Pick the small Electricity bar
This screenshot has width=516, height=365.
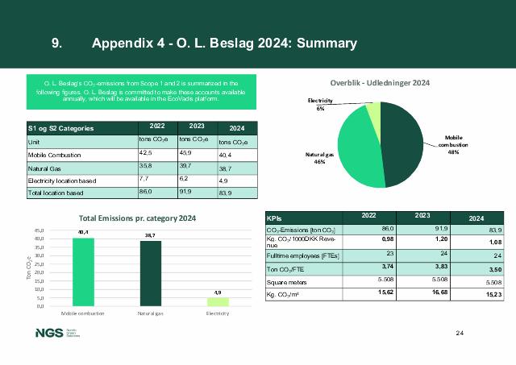click(x=218, y=301)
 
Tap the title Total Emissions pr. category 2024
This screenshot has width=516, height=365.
click(x=137, y=218)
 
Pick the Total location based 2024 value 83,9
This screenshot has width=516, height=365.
click(x=233, y=193)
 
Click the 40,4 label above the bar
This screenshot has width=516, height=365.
click(x=83, y=233)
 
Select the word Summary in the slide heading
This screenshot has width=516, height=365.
click(x=327, y=43)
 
